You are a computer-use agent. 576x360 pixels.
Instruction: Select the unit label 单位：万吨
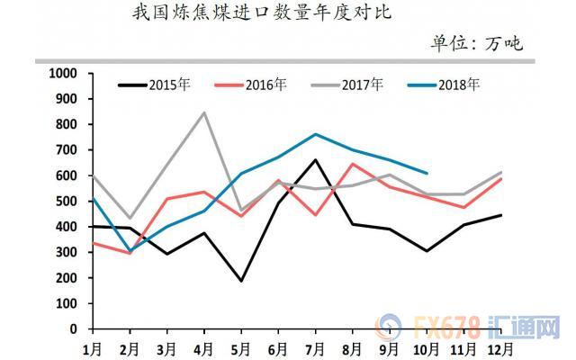point(477,43)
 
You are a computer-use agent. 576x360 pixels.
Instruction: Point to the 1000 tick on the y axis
point(63,73)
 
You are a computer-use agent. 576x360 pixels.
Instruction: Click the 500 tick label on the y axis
point(67,201)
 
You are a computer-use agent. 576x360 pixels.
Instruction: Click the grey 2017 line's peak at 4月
point(204,112)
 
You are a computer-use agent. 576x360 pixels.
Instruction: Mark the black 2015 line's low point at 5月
point(240,281)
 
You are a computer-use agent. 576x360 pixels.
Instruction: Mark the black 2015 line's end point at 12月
point(501,215)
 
